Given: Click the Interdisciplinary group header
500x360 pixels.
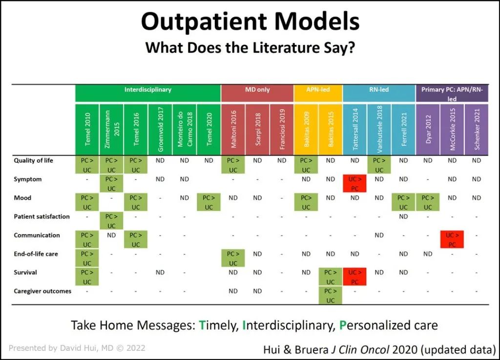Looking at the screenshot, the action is coord(148,90).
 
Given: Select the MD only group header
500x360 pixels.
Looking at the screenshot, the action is coord(257,90).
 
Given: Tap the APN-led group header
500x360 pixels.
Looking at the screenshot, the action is coord(318,90).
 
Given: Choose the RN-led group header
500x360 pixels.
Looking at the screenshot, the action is coord(379,90).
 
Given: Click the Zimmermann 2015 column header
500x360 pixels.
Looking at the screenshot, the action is coord(111,129).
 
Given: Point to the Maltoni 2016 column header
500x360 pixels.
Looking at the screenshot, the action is coord(233,129).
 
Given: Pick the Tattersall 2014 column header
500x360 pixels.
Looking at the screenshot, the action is coord(355,129).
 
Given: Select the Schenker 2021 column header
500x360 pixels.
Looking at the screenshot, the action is coord(477,129).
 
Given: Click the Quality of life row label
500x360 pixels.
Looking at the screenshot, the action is coord(34,160).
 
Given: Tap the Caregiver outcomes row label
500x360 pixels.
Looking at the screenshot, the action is coord(42,291).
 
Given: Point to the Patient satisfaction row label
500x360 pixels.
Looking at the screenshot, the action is coord(42,217).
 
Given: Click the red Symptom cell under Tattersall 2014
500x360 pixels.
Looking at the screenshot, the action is coord(355,183).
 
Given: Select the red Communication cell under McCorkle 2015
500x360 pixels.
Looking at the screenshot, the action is coord(452,240).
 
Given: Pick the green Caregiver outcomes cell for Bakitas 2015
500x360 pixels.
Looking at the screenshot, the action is coord(331,295).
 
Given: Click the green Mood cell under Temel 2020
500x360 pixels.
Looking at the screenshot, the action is coord(208,202).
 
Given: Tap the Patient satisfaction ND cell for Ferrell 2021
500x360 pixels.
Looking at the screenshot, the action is coord(403,217).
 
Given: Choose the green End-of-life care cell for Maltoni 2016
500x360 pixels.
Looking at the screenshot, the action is coord(233,258).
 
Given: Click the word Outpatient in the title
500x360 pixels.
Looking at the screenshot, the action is coord(204,21).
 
